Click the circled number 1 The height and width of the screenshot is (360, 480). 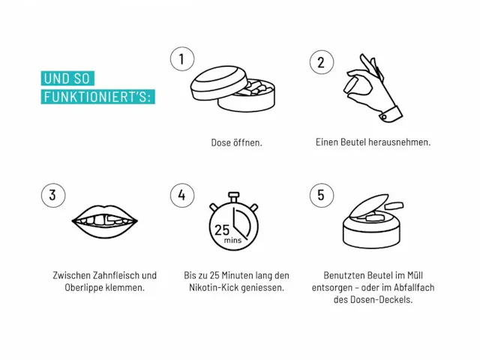(182, 58)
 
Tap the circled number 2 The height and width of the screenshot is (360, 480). (322, 62)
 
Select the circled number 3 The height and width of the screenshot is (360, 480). (53, 195)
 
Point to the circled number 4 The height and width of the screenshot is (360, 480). (182, 195)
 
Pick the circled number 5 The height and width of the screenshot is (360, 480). (322, 195)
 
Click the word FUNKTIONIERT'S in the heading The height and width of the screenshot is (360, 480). (96, 97)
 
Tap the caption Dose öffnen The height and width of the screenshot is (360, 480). (237, 142)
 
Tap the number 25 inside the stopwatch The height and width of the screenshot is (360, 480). (222, 230)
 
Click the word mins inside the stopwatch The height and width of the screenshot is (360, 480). (232, 240)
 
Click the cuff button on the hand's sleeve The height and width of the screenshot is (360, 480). (384, 117)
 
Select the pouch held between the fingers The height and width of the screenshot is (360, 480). (352, 85)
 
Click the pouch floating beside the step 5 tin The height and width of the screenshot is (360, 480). (394, 205)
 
